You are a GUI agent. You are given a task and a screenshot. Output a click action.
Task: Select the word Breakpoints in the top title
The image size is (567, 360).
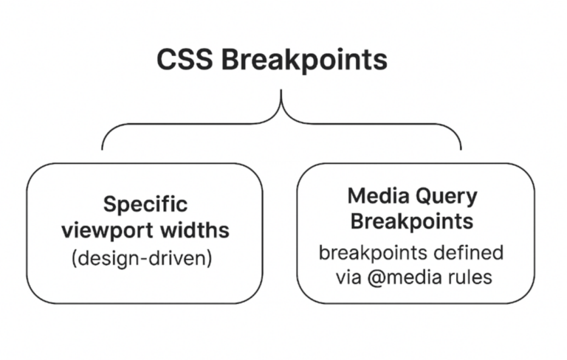[x=304, y=60]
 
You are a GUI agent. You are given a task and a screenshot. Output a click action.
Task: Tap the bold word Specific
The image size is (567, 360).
[x=145, y=204]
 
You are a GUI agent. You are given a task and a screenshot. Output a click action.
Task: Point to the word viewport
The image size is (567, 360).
[x=108, y=229]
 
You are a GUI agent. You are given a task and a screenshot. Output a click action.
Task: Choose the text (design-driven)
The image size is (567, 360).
[x=145, y=260]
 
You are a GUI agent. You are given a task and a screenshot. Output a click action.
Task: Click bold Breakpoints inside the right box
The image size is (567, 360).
[x=411, y=221]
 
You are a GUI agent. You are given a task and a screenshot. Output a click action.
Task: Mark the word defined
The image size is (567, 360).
[x=465, y=252]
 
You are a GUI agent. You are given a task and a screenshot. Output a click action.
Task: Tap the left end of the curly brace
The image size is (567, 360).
[x=103, y=148]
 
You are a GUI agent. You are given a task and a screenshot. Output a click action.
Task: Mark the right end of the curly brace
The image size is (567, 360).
[x=461, y=148]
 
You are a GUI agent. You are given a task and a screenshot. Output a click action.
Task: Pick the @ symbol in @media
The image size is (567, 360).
[x=368, y=278]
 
